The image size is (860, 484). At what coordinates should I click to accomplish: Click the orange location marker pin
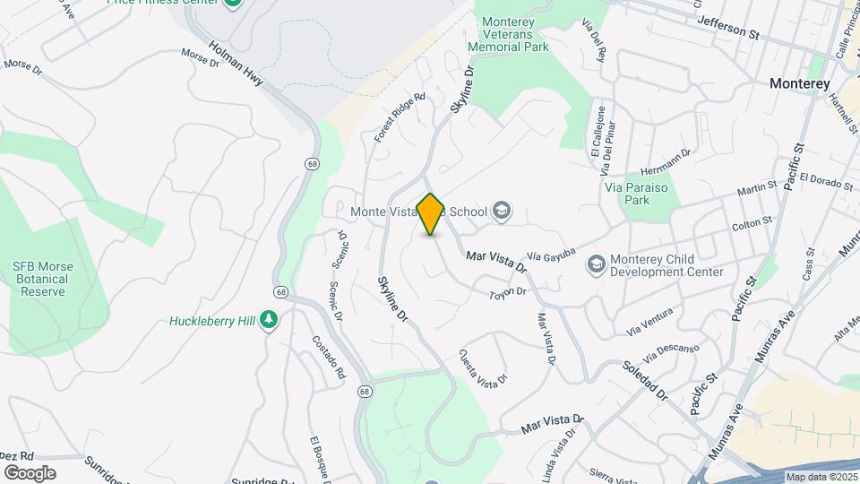pos(431,213)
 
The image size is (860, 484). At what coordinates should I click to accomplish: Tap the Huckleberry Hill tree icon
pos(269,320)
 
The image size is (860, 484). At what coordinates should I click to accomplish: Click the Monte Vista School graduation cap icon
pos(502,212)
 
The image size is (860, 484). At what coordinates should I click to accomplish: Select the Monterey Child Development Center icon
pos(595,264)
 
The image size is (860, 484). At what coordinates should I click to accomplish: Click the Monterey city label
pos(799,82)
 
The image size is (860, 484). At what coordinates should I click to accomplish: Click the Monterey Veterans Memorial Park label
pos(514,34)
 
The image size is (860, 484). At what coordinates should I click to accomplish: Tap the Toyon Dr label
pos(506,294)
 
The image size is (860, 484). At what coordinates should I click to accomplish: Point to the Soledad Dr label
pos(646,380)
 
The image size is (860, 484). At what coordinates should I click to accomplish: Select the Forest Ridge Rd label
pos(399,117)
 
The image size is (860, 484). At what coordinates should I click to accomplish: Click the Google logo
pos(30,472)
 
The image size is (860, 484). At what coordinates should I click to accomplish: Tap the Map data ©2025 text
pos(821,477)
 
